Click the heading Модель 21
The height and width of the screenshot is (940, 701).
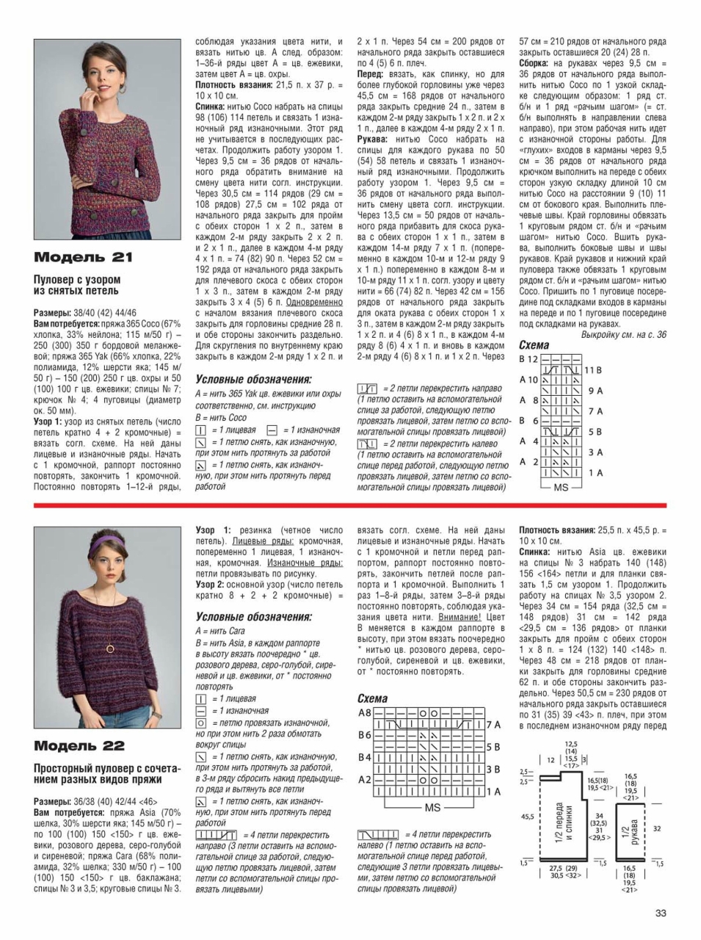(x=83, y=257)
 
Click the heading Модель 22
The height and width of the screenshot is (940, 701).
(x=79, y=746)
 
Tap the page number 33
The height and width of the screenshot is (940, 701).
(x=661, y=913)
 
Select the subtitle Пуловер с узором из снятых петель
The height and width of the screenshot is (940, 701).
(x=77, y=285)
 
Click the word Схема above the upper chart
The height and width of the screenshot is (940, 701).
(x=534, y=345)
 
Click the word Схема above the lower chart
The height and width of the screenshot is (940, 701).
(x=372, y=698)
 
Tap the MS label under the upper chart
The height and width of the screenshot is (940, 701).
(x=561, y=487)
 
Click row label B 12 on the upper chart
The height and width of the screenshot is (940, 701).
(x=529, y=359)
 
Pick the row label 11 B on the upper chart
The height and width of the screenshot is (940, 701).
(x=593, y=370)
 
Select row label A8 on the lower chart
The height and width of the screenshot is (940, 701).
(x=365, y=712)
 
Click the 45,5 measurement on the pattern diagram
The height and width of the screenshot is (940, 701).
(x=527, y=816)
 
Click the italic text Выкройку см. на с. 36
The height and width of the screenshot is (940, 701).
(x=623, y=334)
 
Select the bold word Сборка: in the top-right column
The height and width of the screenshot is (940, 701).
(x=537, y=64)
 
